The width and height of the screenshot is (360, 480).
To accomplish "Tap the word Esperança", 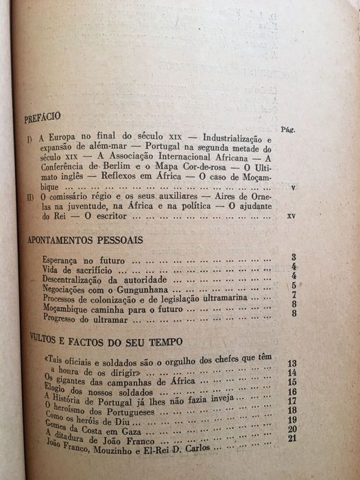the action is tap(62, 261).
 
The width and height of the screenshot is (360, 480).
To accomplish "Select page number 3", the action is tap(293, 256).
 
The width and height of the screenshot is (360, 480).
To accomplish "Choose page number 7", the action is tap(293, 296).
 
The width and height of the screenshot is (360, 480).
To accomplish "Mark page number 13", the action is tap(291, 362).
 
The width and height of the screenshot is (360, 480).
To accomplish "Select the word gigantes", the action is tap(71, 381).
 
